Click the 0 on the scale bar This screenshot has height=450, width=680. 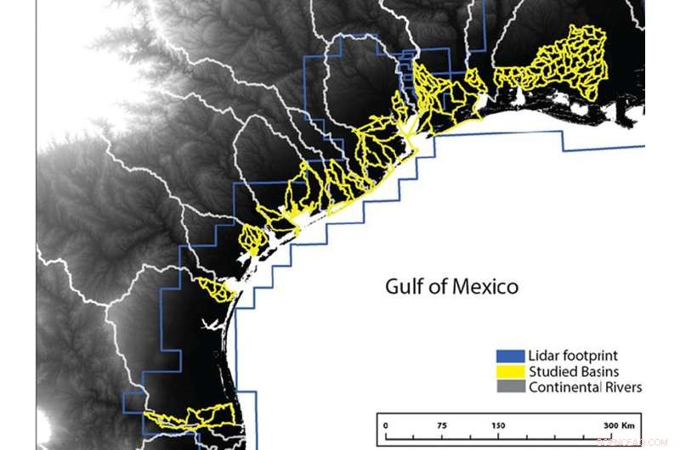385,425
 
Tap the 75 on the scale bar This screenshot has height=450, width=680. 441,425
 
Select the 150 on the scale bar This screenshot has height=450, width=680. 496,425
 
